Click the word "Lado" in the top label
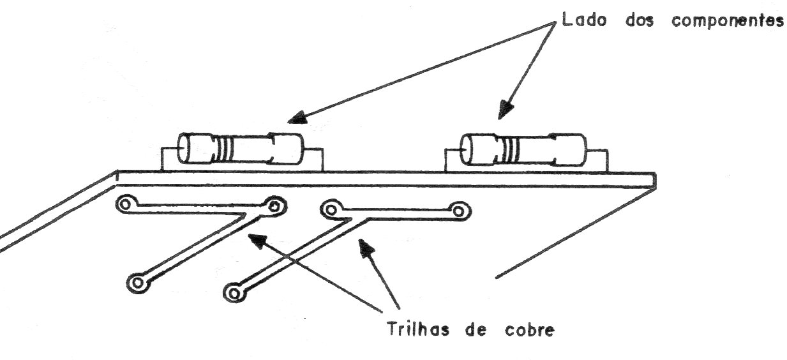584,19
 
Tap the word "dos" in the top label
640,20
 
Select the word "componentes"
727,21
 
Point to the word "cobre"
530,330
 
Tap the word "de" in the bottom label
476,330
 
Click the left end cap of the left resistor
195,148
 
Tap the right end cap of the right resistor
569,149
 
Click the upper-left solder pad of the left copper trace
125,204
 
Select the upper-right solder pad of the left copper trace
274,206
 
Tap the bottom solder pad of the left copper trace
138,283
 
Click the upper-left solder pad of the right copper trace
330,209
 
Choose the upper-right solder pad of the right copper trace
459,211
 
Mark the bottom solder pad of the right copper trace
234,292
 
